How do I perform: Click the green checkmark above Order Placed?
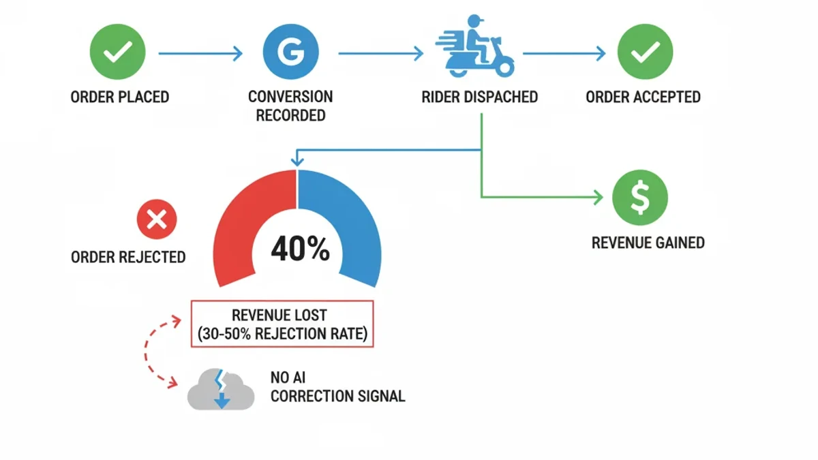point(118,52)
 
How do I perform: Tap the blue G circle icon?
point(291,52)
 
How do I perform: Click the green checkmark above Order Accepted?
point(645,52)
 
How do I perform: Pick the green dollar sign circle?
point(639,197)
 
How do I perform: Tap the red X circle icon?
point(157,219)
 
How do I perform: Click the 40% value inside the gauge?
point(300,250)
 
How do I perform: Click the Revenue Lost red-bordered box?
point(282,324)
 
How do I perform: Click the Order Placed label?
point(120,97)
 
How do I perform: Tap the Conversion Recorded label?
point(290,106)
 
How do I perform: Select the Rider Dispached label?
point(479,97)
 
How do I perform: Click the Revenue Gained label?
point(648,242)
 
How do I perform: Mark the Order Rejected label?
point(128,257)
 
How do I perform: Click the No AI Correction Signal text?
point(337,386)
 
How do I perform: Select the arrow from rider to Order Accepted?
point(564,53)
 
